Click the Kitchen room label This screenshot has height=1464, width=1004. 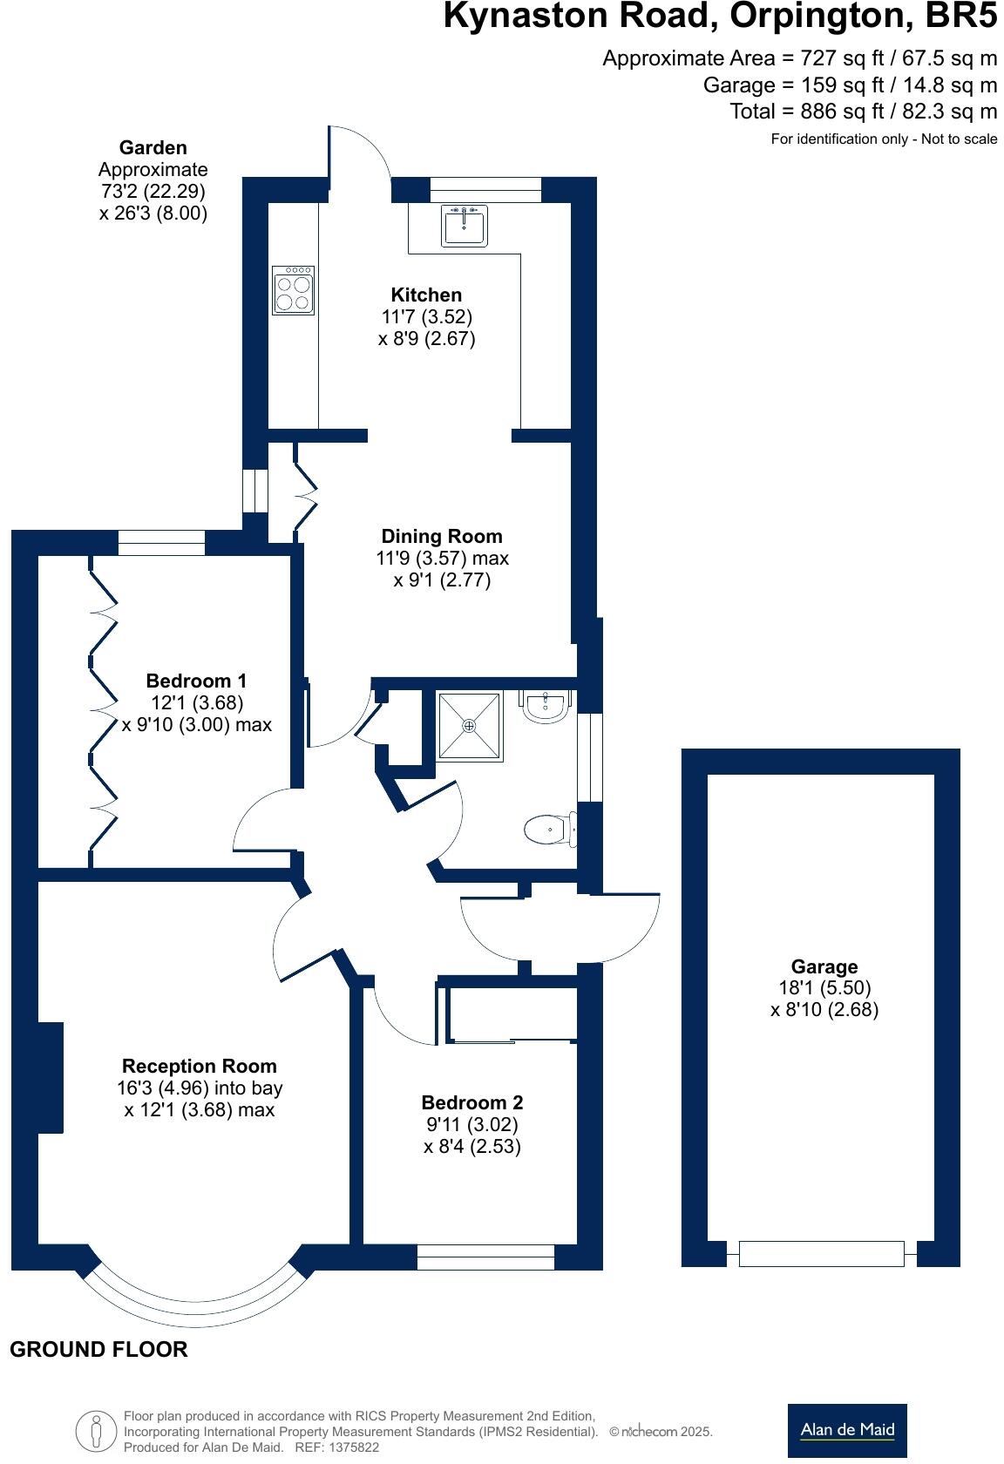tap(426, 295)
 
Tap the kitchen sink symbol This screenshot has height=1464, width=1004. tap(464, 226)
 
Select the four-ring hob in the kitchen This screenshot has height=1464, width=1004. tap(293, 290)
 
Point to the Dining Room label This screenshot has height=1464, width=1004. tap(442, 536)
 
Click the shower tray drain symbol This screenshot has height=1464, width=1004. tap(470, 726)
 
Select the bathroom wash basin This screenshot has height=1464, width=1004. tap(546, 707)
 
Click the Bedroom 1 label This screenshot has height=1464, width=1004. tap(196, 681)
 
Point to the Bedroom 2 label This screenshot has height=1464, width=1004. tap(471, 1102)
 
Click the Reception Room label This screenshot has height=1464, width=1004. tap(199, 1066)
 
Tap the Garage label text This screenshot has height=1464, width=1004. tap(824, 966)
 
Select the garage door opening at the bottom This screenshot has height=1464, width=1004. tap(821, 1253)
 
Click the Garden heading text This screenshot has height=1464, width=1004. tap(153, 148)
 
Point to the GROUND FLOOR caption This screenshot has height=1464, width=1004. tap(98, 1349)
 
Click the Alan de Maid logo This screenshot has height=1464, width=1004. tap(846, 1430)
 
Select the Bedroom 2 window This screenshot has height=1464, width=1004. tap(485, 1257)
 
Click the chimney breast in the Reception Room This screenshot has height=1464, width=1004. tap(50, 1077)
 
